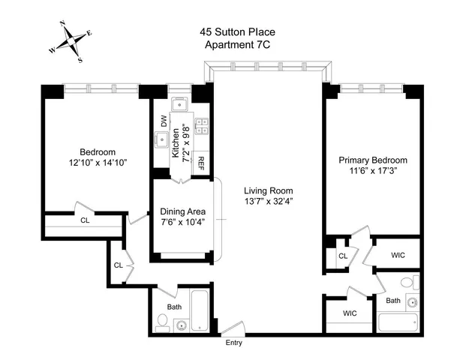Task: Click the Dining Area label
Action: tap(182, 211)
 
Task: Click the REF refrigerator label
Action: tap(201, 161)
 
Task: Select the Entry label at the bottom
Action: tap(234, 343)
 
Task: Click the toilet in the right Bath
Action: tap(407, 283)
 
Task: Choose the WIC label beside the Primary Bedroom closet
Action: tap(398, 256)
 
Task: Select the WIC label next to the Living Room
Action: tap(350, 313)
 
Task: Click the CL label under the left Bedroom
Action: tap(85, 220)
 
